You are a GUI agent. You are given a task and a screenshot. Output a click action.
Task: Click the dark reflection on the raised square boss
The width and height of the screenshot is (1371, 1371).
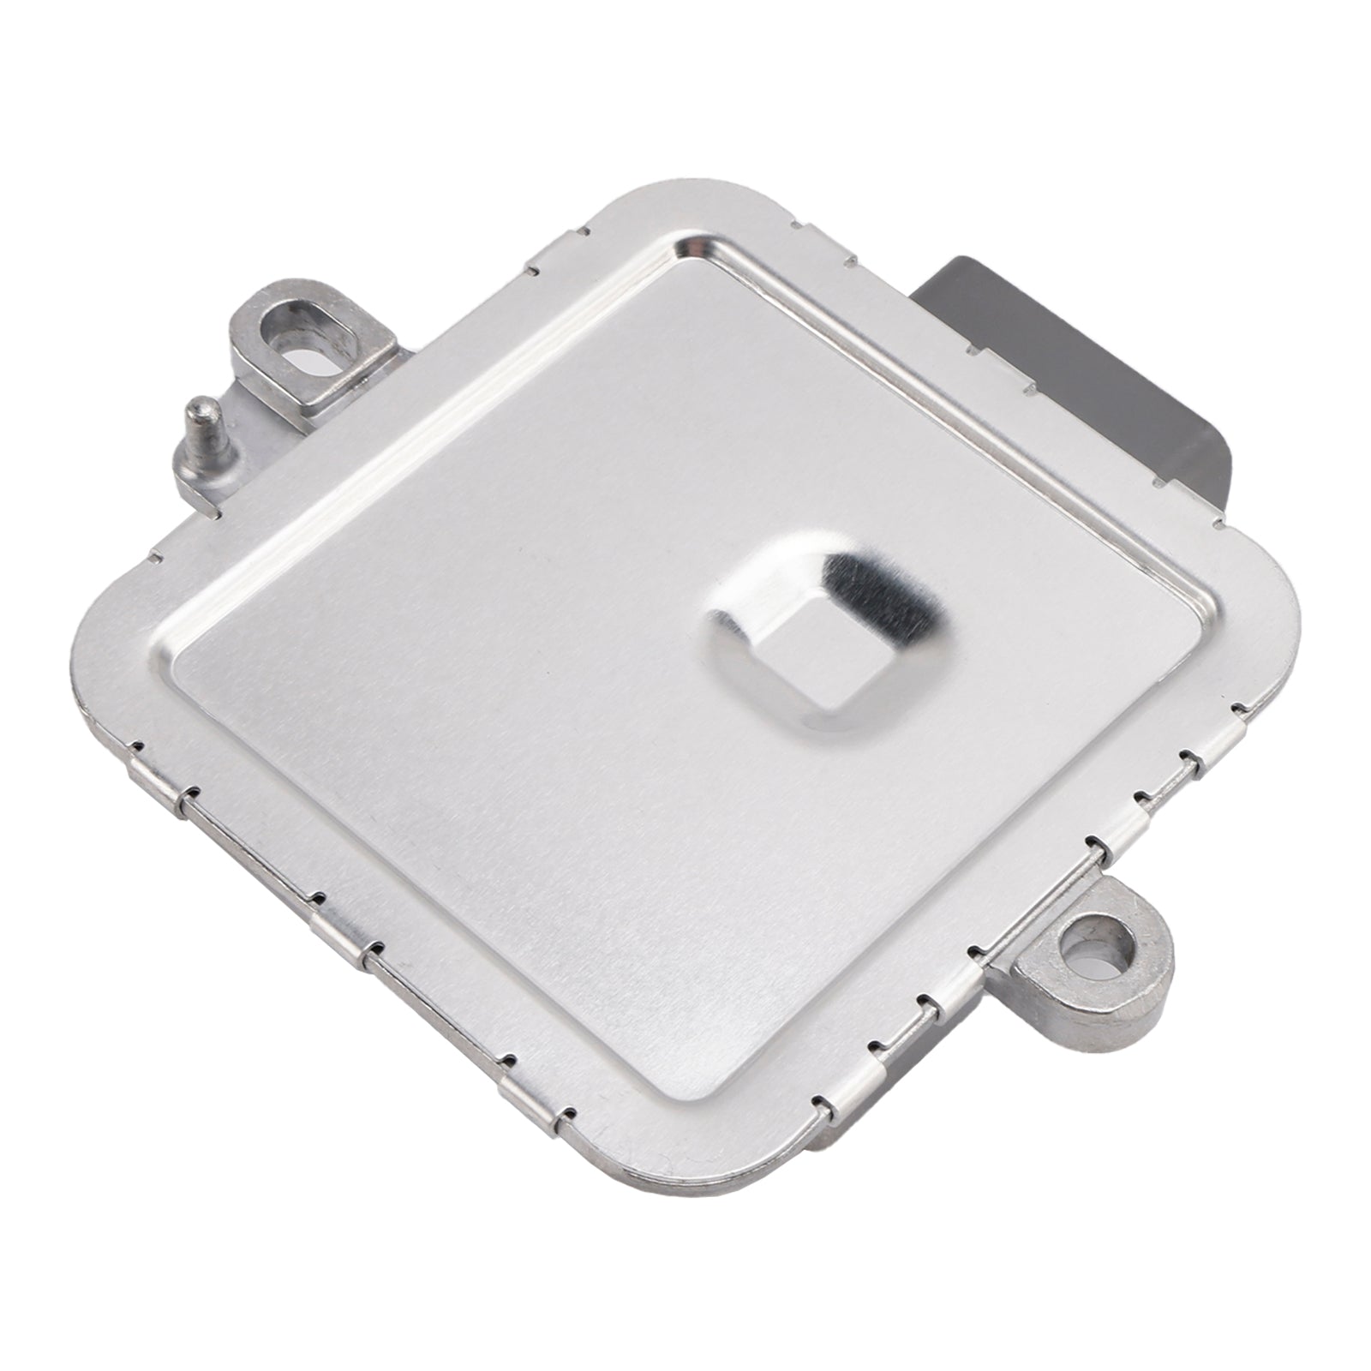point(874,591)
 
